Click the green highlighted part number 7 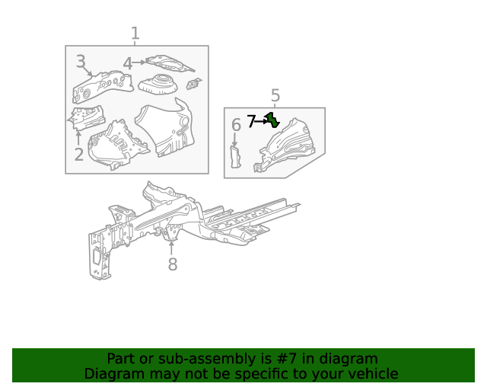click(272, 120)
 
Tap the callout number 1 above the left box click(135, 34)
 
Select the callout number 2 click(78, 155)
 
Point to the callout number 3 click(81, 62)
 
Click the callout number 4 click(127, 64)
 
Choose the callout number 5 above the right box click(275, 95)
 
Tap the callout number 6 click(236, 124)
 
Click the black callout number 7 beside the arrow click(251, 120)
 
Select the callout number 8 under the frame click(173, 264)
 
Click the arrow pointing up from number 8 click(172, 248)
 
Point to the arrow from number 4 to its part click(139, 63)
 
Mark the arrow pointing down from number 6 click(235, 139)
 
